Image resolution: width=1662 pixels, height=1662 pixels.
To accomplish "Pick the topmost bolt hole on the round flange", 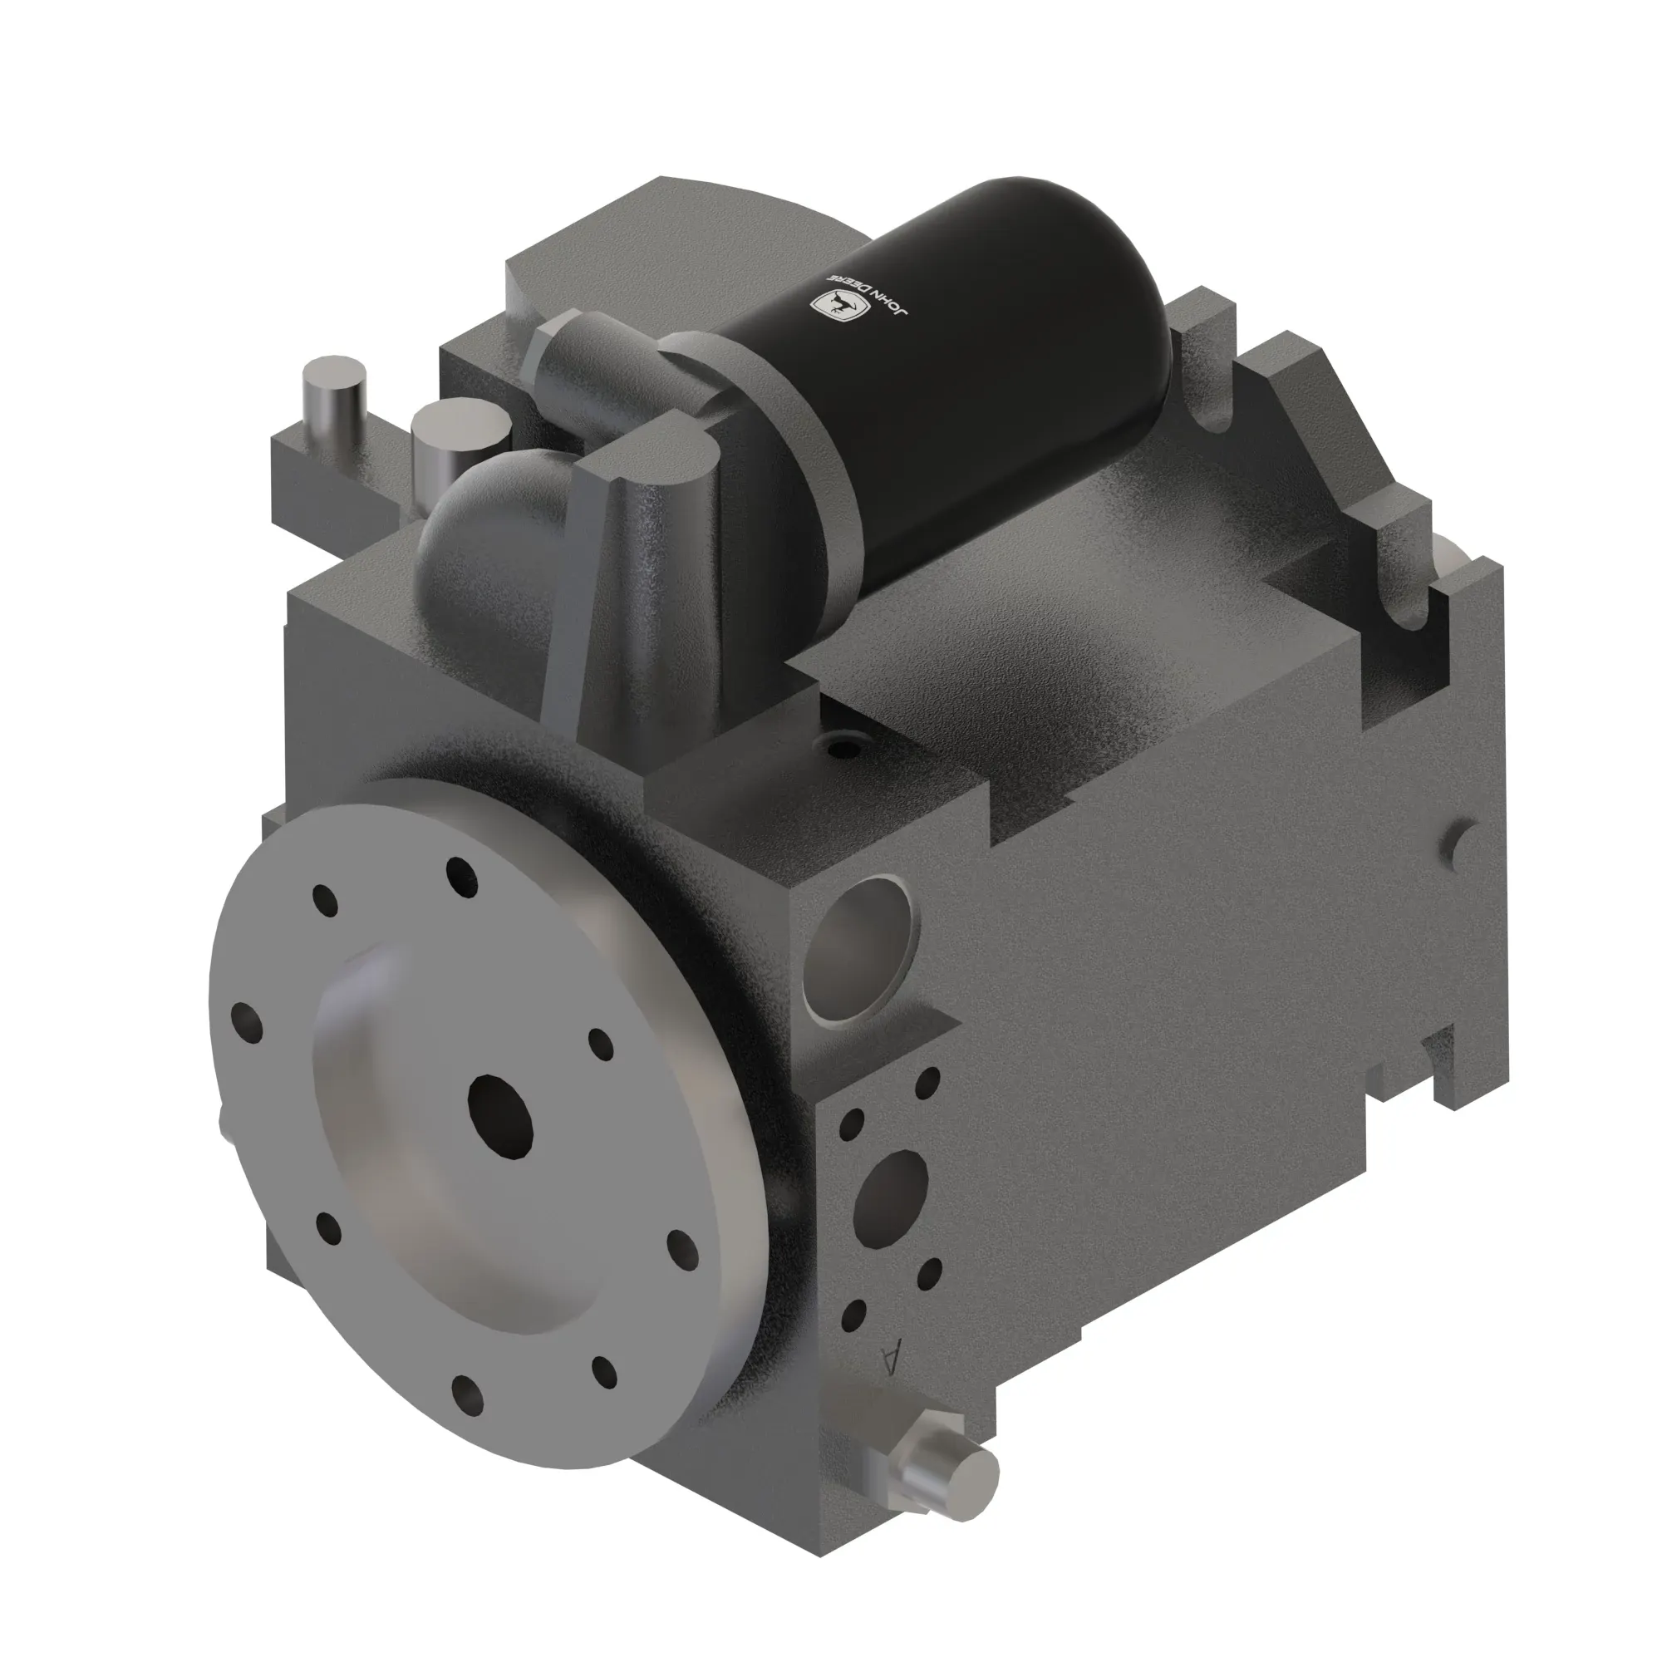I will (x=462, y=875).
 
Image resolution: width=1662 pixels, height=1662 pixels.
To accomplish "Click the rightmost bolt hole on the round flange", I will (x=682, y=1244).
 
